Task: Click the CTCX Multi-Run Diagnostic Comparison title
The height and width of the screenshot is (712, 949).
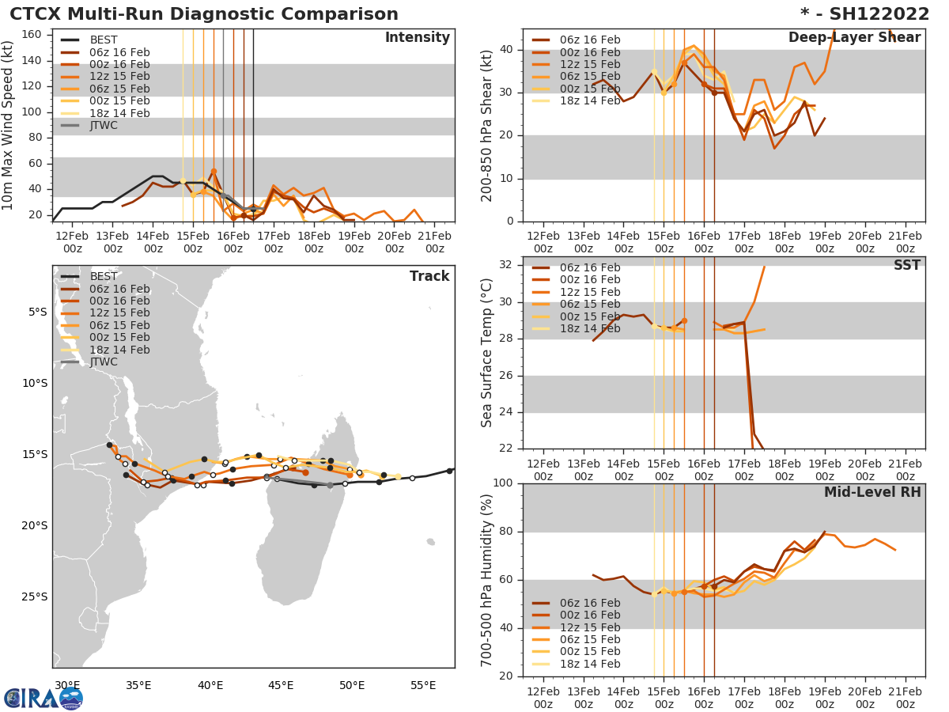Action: (x=204, y=14)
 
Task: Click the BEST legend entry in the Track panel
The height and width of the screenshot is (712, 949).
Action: (x=104, y=276)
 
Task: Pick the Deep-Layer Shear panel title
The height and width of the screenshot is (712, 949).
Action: (x=854, y=38)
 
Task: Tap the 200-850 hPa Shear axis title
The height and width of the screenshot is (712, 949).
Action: (x=488, y=125)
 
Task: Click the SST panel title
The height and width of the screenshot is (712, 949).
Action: (x=906, y=265)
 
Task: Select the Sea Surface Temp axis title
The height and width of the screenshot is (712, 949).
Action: (x=488, y=353)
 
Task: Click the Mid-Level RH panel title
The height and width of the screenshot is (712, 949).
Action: (x=872, y=492)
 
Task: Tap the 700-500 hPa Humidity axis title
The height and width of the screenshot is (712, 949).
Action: (x=488, y=580)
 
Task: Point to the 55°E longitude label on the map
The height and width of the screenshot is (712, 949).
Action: (x=422, y=685)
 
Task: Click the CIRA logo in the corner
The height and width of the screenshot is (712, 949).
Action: (x=43, y=698)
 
